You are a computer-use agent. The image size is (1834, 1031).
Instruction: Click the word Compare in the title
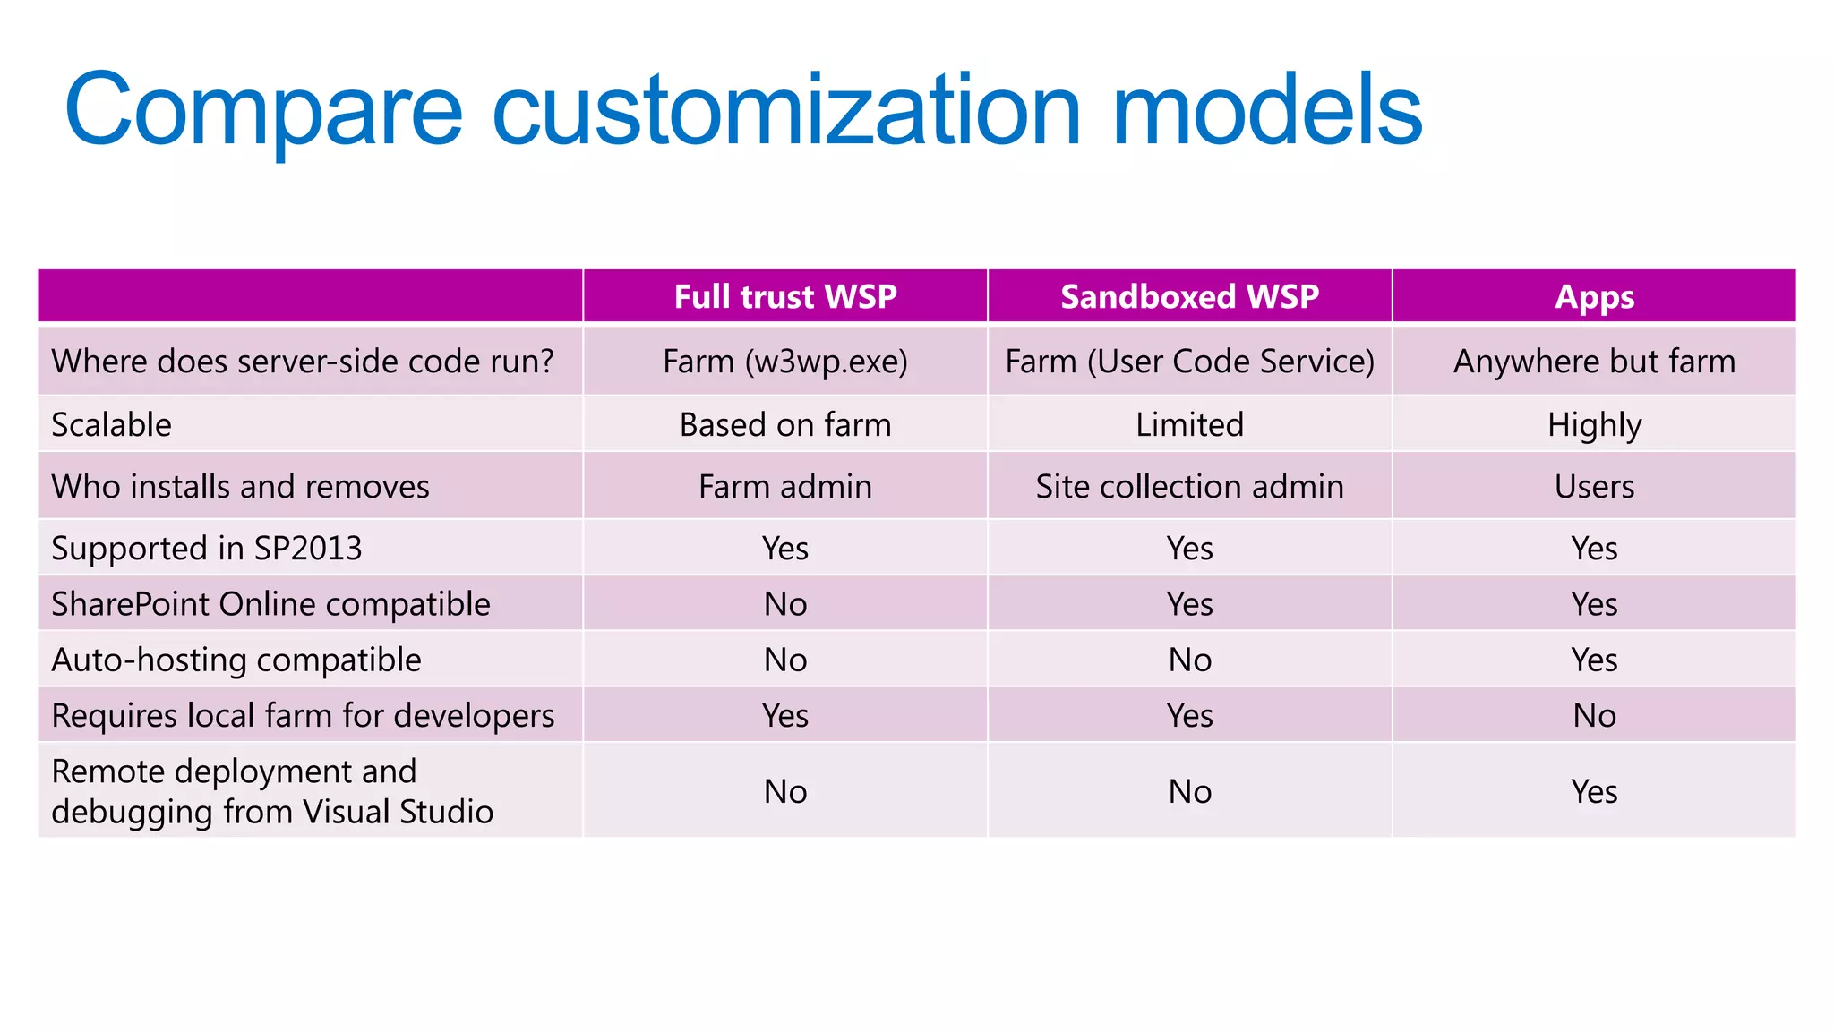tap(263, 111)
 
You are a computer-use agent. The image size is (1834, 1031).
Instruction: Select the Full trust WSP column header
tap(784, 296)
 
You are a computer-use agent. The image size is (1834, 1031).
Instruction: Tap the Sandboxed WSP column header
tap(1189, 296)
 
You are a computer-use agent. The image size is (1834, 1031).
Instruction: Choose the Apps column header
tap(1594, 296)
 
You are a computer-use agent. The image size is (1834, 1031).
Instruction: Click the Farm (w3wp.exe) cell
tap(784, 362)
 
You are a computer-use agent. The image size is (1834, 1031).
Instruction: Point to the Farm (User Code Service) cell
tap(1189, 362)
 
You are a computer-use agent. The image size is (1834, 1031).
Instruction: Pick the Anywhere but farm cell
tap(1594, 362)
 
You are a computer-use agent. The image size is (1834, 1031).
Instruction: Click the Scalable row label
tap(111, 425)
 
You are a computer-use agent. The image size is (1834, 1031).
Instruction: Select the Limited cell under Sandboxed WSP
tap(1189, 425)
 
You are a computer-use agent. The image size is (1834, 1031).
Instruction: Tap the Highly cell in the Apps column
tap(1594, 425)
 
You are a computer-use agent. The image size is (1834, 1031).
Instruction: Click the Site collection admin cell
tap(1189, 487)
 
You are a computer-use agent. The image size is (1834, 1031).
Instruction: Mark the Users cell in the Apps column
tap(1594, 487)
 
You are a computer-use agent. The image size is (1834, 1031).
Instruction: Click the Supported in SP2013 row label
tap(207, 549)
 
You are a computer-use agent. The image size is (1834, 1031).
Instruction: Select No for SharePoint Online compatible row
tap(784, 604)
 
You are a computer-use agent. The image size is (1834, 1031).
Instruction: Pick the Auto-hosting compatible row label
tap(236, 660)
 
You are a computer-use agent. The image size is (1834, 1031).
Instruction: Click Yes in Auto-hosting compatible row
tap(1594, 660)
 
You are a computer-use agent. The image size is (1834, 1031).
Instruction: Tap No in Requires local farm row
tap(1594, 716)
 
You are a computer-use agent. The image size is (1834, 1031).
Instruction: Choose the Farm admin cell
tap(784, 487)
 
